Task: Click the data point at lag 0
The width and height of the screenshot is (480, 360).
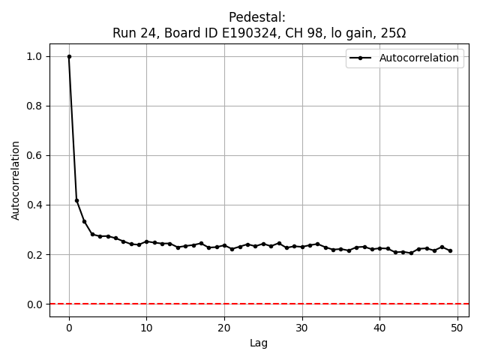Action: (x=69, y=56)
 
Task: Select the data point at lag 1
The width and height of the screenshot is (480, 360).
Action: (x=76, y=200)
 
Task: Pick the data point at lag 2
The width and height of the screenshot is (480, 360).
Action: (x=85, y=221)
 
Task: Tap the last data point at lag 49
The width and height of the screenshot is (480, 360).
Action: (x=450, y=250)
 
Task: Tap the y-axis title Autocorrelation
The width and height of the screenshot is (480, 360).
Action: (x=16, y=180)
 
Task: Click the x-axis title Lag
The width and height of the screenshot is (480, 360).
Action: (x=259, y=343)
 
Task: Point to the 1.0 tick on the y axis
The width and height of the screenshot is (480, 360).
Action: (x=34, y=56)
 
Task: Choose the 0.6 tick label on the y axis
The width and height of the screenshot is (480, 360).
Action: (x=34, y=155)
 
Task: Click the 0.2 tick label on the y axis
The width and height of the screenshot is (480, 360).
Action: (x=34, y=254)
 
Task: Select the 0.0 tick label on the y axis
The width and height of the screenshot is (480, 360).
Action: (x=34, y=304)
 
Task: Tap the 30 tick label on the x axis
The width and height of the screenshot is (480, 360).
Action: (x=302, y=327)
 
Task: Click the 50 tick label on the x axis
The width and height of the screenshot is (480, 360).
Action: (x=457, y=327)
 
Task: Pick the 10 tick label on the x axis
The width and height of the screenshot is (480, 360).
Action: (x=146, y=327)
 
